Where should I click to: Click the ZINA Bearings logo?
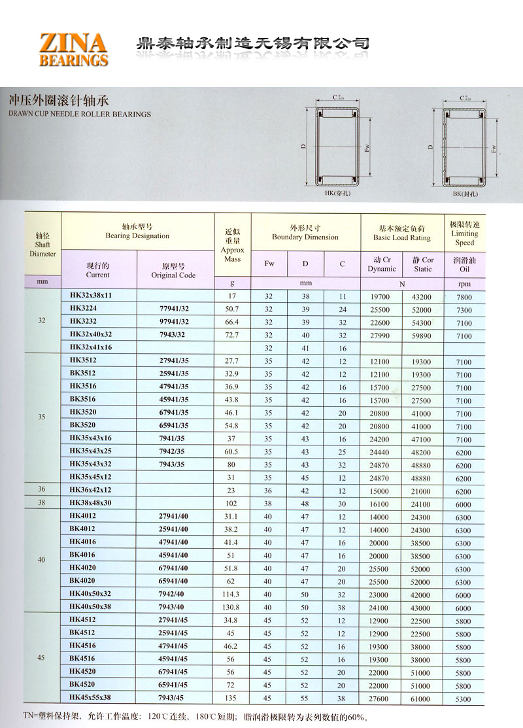click(73, 49)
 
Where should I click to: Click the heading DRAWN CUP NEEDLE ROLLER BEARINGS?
click(80, 114)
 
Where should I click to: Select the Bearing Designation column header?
click(137, 232)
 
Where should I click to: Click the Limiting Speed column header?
click(465, 234)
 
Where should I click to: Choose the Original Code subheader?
click(173, 271)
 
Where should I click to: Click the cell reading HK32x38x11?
click(91, 296)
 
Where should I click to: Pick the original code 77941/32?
click(174, 309)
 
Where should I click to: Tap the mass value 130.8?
click(232, 608)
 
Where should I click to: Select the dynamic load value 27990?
click(380, 336)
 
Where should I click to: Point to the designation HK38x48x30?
click(91, 504)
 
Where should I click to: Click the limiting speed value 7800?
click(464, 297)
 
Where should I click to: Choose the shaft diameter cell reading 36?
click(42, 490)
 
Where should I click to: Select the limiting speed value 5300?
click(464, 699)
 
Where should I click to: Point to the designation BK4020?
click(82, 581)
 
